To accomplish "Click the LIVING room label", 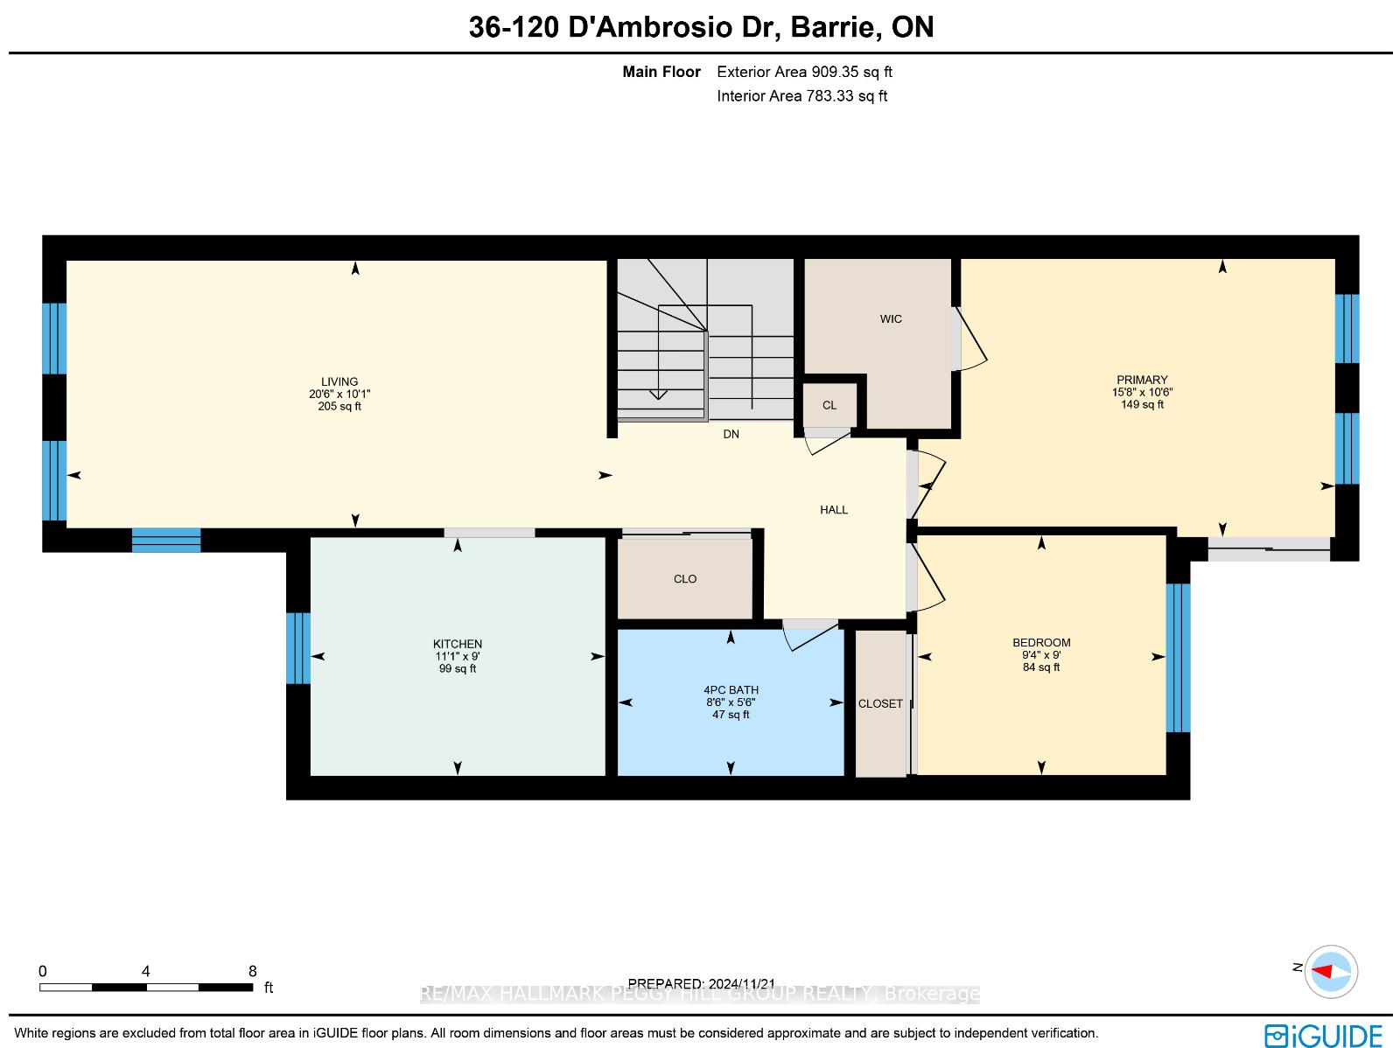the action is (x=339, y=381).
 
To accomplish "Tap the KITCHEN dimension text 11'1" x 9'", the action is (x=458, y=656).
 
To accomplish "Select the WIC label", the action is (x=891, y=318).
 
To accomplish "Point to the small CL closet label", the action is (x=829, y=405).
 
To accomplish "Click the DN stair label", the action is (x=731, y=434).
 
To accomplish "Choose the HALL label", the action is (x=834, y=510).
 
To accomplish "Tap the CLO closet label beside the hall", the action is (x=685, y=579).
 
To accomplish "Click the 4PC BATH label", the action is (x=731, y=689).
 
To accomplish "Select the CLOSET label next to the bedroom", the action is (x=880, y=703).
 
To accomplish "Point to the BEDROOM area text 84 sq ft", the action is (x=1041, y=667).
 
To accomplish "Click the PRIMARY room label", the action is (x=1142, y=380).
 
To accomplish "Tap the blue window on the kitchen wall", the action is (x=297, y=647).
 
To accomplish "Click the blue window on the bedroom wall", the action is (x=1178, y=658).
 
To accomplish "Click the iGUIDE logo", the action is (x=1323, y=1036).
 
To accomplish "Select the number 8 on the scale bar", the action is (x=253, y=971).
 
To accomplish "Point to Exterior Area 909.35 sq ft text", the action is (x=804, y=72).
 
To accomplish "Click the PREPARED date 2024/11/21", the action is (x=741, y=983).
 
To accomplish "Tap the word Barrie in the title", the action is (x=832, y=27).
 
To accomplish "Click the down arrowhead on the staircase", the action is (x=658, y=395).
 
